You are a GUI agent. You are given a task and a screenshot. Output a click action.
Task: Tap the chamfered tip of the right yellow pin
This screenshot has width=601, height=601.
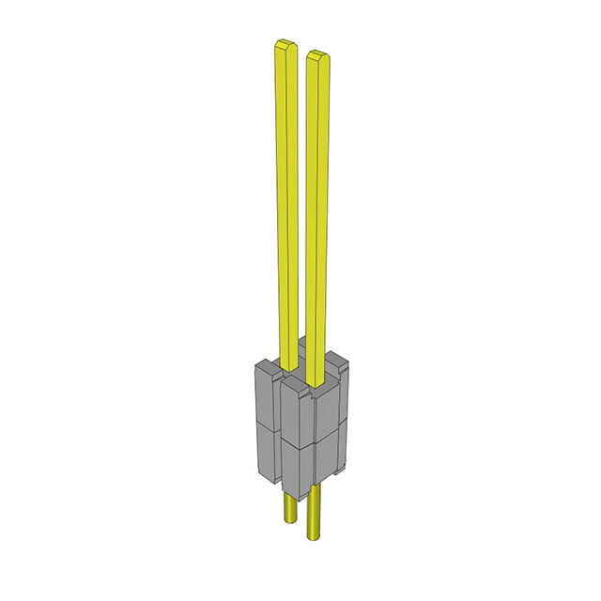[x=317, y=54]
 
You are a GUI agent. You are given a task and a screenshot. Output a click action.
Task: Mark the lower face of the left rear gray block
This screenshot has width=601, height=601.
[x=266, y=451]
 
